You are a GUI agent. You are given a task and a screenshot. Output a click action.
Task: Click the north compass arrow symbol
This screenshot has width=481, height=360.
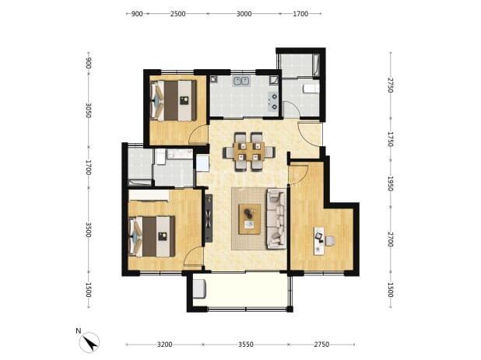click(x=90, y=342)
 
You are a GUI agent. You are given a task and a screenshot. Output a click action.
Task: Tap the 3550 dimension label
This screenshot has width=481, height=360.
click(x=246, y=344)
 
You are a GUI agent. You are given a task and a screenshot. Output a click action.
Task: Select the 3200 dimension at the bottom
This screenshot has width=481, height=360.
click(x=165, y=344)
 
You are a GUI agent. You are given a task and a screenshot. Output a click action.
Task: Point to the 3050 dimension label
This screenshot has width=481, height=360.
click(x=89, y=110)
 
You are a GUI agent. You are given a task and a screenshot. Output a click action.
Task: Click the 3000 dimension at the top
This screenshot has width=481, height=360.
click(x=244, y=14)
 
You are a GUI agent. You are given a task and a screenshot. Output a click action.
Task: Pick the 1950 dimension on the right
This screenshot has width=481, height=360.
click(x=390, y=183)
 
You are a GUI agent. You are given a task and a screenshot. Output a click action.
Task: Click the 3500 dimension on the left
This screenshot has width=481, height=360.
click(x=89, y=230)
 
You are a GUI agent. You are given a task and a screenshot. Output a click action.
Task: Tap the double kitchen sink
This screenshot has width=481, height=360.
click(x=241, y=81)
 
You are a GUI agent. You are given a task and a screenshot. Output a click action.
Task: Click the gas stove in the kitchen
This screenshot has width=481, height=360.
click(x=272, y=101)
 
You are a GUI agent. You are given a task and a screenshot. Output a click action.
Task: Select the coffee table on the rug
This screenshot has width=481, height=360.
click(x=250, y=218)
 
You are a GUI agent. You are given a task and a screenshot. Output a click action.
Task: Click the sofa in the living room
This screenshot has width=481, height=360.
click(x=276, y=218)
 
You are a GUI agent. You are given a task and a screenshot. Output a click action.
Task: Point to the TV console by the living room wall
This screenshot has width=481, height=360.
click(x=209, y=218)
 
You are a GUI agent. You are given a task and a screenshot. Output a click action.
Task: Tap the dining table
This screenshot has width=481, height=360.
click(x=249, y=152)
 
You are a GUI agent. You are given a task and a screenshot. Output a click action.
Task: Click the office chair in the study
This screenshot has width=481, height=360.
click(x=330, y=241)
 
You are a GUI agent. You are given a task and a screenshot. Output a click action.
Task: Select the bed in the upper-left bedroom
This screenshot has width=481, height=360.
click(x=174, y=100)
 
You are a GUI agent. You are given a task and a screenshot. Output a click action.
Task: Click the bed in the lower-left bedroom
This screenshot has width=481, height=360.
click(x=152, y=236)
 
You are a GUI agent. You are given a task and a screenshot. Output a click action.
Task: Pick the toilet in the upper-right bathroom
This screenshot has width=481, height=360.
click(x=311, y=89)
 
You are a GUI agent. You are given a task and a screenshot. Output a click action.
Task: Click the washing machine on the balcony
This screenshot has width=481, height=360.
click(x=199, y=288)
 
